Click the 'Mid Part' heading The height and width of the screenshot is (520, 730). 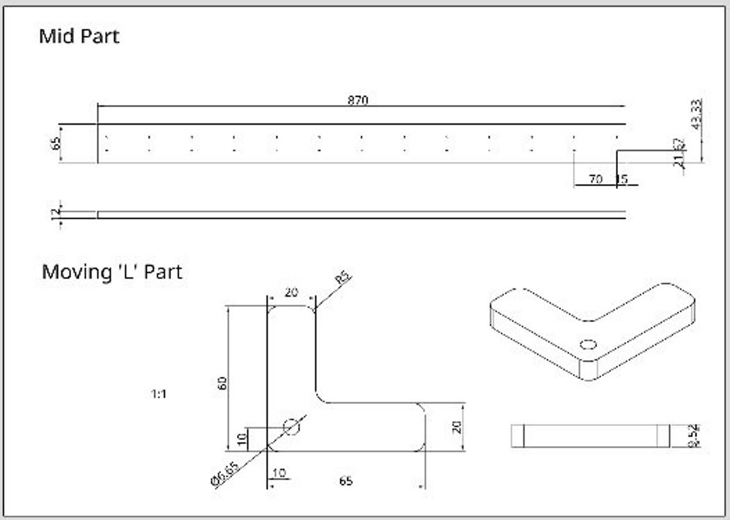[79, 36]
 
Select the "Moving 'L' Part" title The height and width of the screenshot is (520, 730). [112, 271]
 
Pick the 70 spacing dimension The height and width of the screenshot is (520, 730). [596, 180]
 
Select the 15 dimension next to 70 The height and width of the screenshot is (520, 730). [621, 180]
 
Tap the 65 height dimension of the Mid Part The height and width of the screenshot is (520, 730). [54, 143]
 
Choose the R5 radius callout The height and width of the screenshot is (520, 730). [343, 278]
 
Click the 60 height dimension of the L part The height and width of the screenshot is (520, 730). [222, 384]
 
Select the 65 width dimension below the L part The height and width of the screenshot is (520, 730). [346, 481]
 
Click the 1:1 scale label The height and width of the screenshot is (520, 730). [159, 394]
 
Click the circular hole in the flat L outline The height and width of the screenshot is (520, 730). [291, 426]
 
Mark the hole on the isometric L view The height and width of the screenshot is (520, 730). [588, 344]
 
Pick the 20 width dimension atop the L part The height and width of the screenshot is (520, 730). [291, 292]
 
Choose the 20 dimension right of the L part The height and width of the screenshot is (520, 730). [457, 427]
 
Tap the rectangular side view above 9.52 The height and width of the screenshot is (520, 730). [590, 436]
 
